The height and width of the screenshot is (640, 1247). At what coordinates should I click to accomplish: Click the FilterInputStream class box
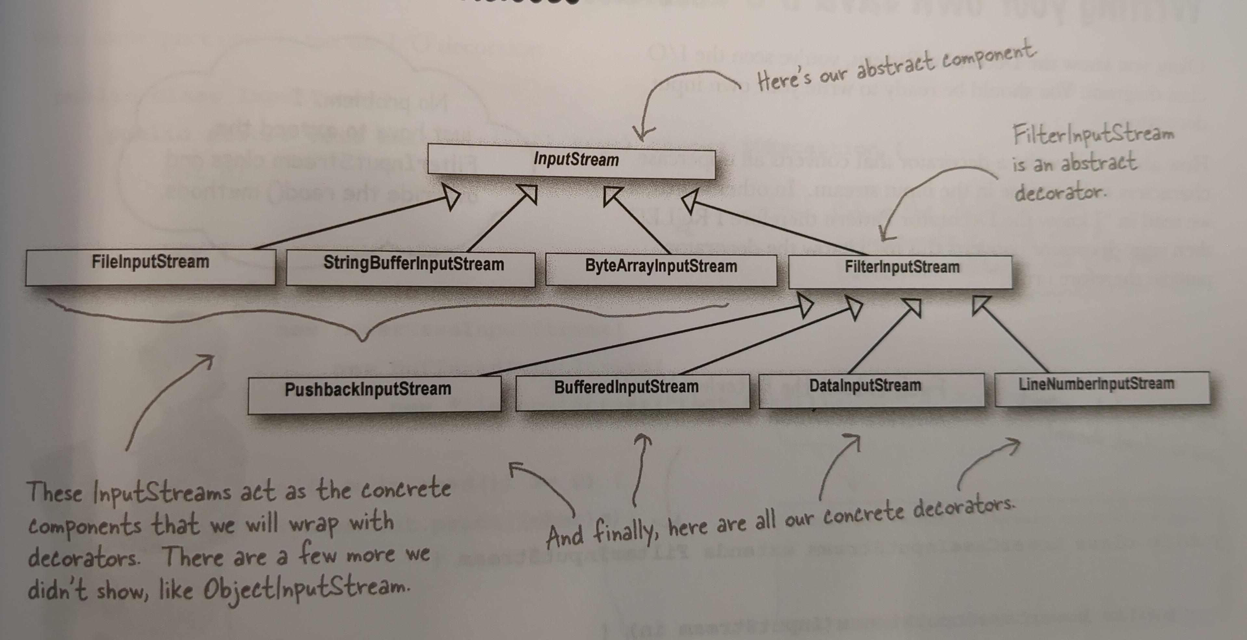click(x=900, y=272)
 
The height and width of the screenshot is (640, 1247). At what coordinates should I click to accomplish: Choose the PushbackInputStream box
click(x=374, y=394)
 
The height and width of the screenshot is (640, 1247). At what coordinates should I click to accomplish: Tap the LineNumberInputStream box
click(x=1102, y=388)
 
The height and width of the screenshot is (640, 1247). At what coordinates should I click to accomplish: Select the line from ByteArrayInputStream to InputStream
click(x=639, y=223)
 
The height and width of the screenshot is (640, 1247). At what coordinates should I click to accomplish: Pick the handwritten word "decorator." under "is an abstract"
click(x=1060, y=193)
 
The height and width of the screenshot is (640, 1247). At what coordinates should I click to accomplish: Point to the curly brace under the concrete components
click(x=363, y=329)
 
